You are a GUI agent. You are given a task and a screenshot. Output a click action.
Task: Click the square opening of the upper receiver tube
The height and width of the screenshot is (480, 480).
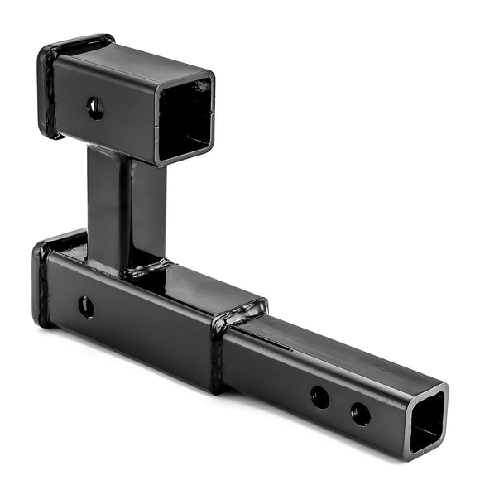185,120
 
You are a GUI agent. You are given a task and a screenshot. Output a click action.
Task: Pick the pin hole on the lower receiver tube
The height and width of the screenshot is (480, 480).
86,307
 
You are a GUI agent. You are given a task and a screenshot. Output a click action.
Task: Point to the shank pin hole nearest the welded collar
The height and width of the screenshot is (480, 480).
320,396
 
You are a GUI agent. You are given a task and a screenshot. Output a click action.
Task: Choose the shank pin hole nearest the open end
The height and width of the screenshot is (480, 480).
361,413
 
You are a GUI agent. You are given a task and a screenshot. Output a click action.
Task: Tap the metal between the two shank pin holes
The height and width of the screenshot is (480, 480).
340,405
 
